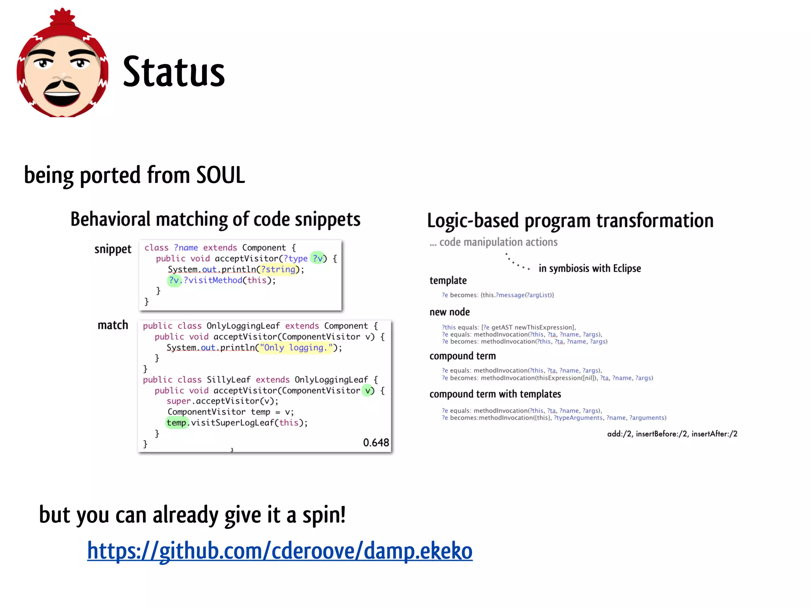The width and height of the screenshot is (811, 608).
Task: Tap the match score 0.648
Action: pos(376,443)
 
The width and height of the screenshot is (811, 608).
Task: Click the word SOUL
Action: pos(221,175)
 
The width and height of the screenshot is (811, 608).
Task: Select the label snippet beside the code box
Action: pos(112,249)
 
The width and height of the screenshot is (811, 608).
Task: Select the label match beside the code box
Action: pos(113,325)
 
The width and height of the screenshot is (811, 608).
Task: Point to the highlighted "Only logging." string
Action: pos(295,348)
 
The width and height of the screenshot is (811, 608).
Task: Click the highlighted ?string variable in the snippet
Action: pos(278,269)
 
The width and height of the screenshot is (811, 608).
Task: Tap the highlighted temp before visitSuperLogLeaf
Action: pos(176,423)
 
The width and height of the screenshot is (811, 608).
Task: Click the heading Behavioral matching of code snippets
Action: pos(215,219)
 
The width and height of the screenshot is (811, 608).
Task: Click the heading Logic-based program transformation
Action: pos(570,220)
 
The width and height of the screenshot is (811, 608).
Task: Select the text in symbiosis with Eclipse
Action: pos(589,268)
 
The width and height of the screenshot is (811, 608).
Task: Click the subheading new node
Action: pos(449,312)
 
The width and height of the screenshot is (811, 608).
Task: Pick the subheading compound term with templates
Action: pos(495,394)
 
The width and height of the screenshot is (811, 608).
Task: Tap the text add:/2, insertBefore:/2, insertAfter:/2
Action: pos(672,434)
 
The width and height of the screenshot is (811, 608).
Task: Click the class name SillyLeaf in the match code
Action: pos(228,380)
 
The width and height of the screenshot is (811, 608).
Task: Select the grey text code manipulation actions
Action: pos(498,242)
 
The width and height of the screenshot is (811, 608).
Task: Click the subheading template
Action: pos(448,280)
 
